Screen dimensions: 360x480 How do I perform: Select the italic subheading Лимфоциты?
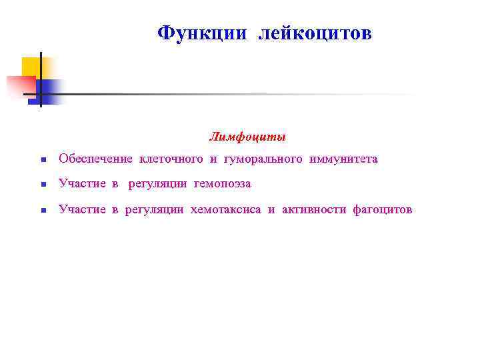(x=247, y=137)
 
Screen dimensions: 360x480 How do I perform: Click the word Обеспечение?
(x=96, y=159)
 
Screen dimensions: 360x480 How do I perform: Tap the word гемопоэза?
(x=222, y=183)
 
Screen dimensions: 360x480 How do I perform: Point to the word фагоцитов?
(x=383, y=209)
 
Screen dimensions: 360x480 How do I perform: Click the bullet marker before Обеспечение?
(x=42, y=160)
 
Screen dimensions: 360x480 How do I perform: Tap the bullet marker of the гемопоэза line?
(x=42, y=185)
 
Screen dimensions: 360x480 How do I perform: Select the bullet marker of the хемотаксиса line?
(x=42, y=211)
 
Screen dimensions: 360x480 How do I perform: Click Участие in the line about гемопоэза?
(x=82, y=183)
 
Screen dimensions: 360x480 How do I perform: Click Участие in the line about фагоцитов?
(x=82, y=209)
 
